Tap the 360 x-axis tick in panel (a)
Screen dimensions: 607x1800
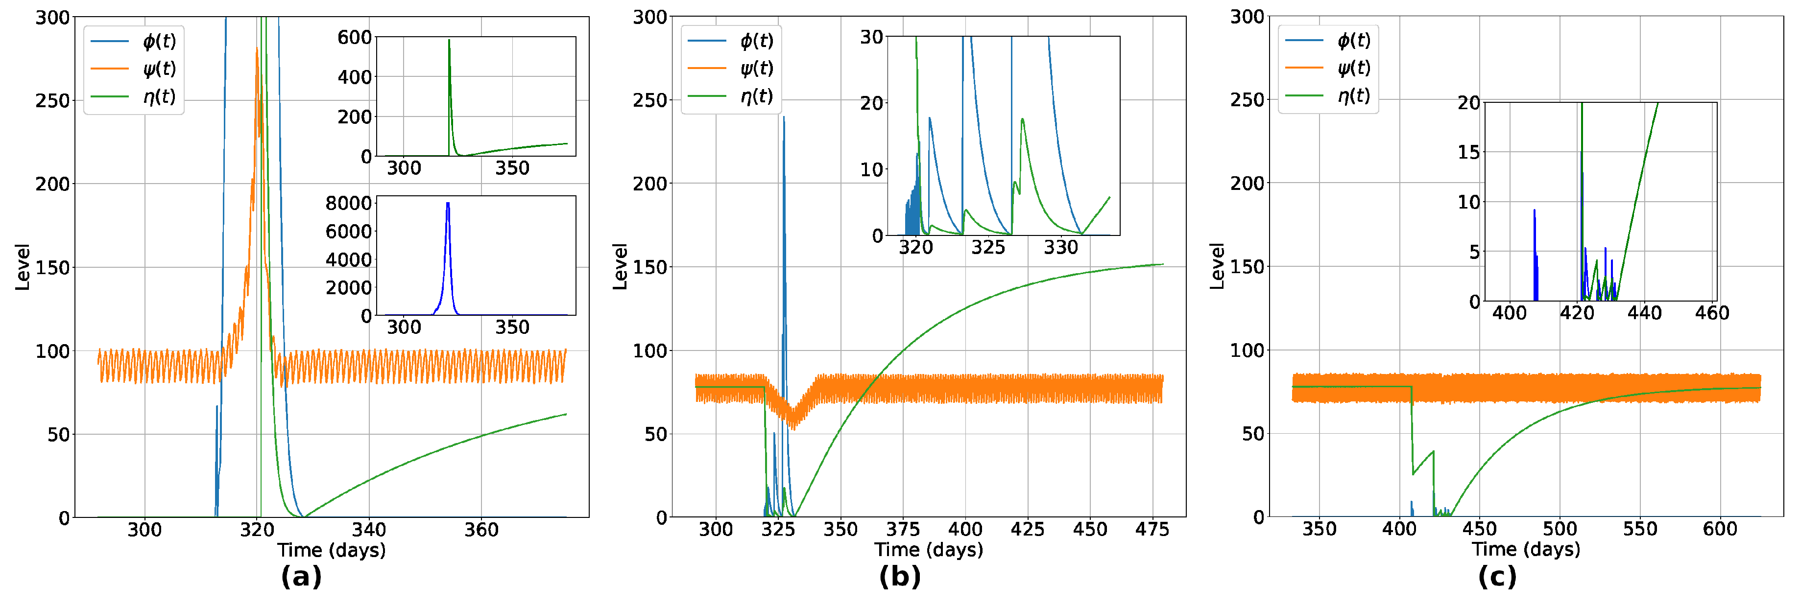coord(481,530)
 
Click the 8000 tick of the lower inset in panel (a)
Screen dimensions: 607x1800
coord(348,203)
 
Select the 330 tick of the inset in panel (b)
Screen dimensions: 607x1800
coord(1061,247)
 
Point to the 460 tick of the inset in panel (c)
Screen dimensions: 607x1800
coord(1712,313)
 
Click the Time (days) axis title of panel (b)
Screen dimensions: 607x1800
coord(929,550)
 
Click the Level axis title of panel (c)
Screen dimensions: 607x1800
coord(1217,266)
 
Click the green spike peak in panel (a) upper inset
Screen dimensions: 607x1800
coord(449,41)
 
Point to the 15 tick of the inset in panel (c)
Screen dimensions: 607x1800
coord(1469,152)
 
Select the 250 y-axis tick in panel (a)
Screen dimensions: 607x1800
coord(52,100)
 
